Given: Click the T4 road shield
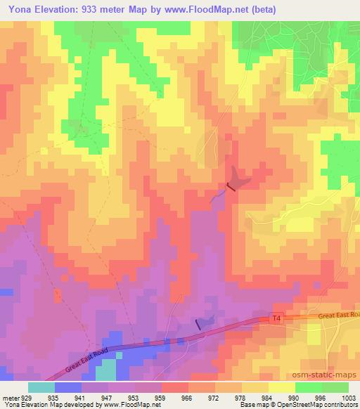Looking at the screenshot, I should pyautogui.click(x=276, y=319).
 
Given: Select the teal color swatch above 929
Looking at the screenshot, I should pyautogui.click(x=41, y=387).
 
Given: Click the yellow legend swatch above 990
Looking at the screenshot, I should pyautogui.click(x=282, y=387).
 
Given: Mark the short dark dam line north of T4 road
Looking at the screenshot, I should pyautogui.click(x=198, y=323).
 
